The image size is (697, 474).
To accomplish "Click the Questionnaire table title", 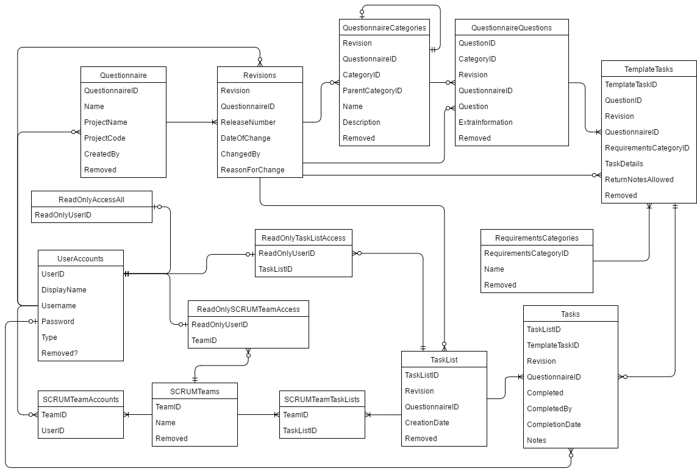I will click(123, 75).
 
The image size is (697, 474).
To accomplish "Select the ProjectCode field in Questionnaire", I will click(105, 138).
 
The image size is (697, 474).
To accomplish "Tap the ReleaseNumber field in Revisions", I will click(248, 122).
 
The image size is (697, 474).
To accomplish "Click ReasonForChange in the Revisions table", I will click(252, 170).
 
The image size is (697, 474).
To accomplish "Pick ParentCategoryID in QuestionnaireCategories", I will click(373, 91).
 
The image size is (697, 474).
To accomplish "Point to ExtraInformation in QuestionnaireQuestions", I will click(485, 122).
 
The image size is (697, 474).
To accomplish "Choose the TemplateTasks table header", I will click(649, 69).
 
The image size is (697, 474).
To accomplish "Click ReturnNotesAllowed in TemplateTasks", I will click(639, 180).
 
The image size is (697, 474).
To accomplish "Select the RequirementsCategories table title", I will click(537, 238).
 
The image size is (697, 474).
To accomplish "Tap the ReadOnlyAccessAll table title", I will click(91, 199).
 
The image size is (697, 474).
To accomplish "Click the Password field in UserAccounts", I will click(58, 322).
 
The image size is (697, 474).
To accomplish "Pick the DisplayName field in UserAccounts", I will click(64, 290).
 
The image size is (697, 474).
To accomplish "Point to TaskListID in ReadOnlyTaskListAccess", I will click(276, 269).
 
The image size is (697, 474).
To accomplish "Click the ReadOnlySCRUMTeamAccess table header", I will click(248, 309).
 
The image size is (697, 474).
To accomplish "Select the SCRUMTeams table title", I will click(195, 391).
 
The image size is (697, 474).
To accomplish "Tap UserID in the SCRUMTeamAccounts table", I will click(53, 431).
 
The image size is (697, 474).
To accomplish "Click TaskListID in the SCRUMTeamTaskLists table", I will click(299, 431).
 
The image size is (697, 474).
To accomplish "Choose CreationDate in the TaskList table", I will click(427, 423).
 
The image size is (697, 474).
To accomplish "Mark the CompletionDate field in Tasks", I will click(554, 425).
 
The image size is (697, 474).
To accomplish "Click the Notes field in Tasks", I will click(537, 440).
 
